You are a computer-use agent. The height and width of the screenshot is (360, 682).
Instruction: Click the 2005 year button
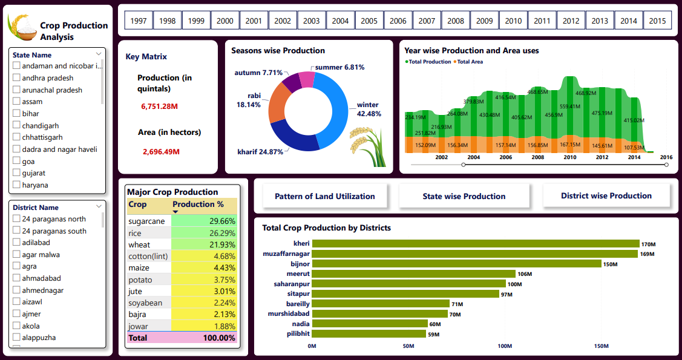pos(369,21)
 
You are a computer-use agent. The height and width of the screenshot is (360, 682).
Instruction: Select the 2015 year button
pos(657,21)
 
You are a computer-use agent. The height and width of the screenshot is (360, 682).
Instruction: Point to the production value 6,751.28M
pos(159,106)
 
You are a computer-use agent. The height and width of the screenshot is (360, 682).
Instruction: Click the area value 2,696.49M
pos(161,152)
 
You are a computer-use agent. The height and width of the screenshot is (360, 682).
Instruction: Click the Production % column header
pos(198,205)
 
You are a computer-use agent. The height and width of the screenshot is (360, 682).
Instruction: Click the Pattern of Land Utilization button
pos(324,196)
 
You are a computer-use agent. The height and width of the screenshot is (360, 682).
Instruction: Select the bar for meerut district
pos(413,274)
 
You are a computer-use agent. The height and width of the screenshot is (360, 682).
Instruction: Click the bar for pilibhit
pos(369,333)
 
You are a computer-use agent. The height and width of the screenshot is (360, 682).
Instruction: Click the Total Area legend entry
pos(469,62)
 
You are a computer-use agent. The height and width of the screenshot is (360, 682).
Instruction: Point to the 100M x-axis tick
pos(505,346)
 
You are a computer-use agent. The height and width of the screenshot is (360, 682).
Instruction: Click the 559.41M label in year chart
pos(569,106)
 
